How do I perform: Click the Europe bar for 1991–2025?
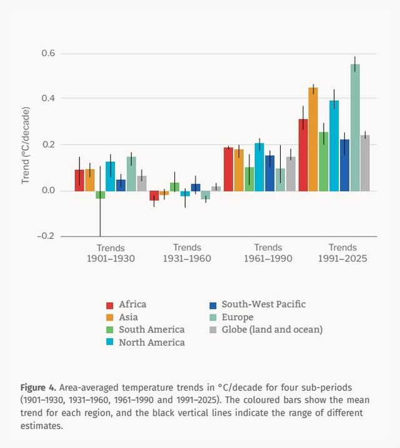tap(355, 127)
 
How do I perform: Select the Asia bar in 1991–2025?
tap(313, 139)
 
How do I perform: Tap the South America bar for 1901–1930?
tap(100, 195)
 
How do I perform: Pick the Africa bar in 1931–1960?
tap(154, 195)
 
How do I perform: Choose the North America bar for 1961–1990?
tap(259, 167)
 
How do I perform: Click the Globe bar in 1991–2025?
tap(365, 163)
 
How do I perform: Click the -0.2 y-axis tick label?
tap(46, 236)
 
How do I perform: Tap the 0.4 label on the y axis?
tap(48, 99)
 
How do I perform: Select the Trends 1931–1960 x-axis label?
tap(187, 253)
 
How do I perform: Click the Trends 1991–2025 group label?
tap(342, 253)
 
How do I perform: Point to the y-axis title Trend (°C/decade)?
tap(26, 145)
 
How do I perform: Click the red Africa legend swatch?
tap(109, 305)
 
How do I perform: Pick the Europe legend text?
tap(237, 317)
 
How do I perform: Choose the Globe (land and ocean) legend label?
tap(272, 329)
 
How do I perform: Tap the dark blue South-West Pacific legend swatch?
tap(213, 305)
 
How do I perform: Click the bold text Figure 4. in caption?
tap(38, 387)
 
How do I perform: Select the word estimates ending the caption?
tap(41, 426)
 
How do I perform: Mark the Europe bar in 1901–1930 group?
tap(131, 173)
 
